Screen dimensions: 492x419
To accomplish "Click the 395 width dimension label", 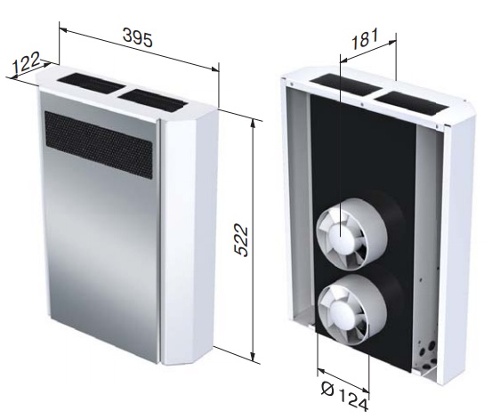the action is click(x=138, y=37).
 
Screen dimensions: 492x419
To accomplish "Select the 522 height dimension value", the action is click(x=241, y=240).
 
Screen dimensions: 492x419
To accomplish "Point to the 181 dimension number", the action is click(x=365, y=39).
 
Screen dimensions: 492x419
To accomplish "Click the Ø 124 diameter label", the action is click(x=344, y=397).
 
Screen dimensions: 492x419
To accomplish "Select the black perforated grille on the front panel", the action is click(x=99, y=145).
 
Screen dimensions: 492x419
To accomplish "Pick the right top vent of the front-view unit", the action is click(x=153, y=101).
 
